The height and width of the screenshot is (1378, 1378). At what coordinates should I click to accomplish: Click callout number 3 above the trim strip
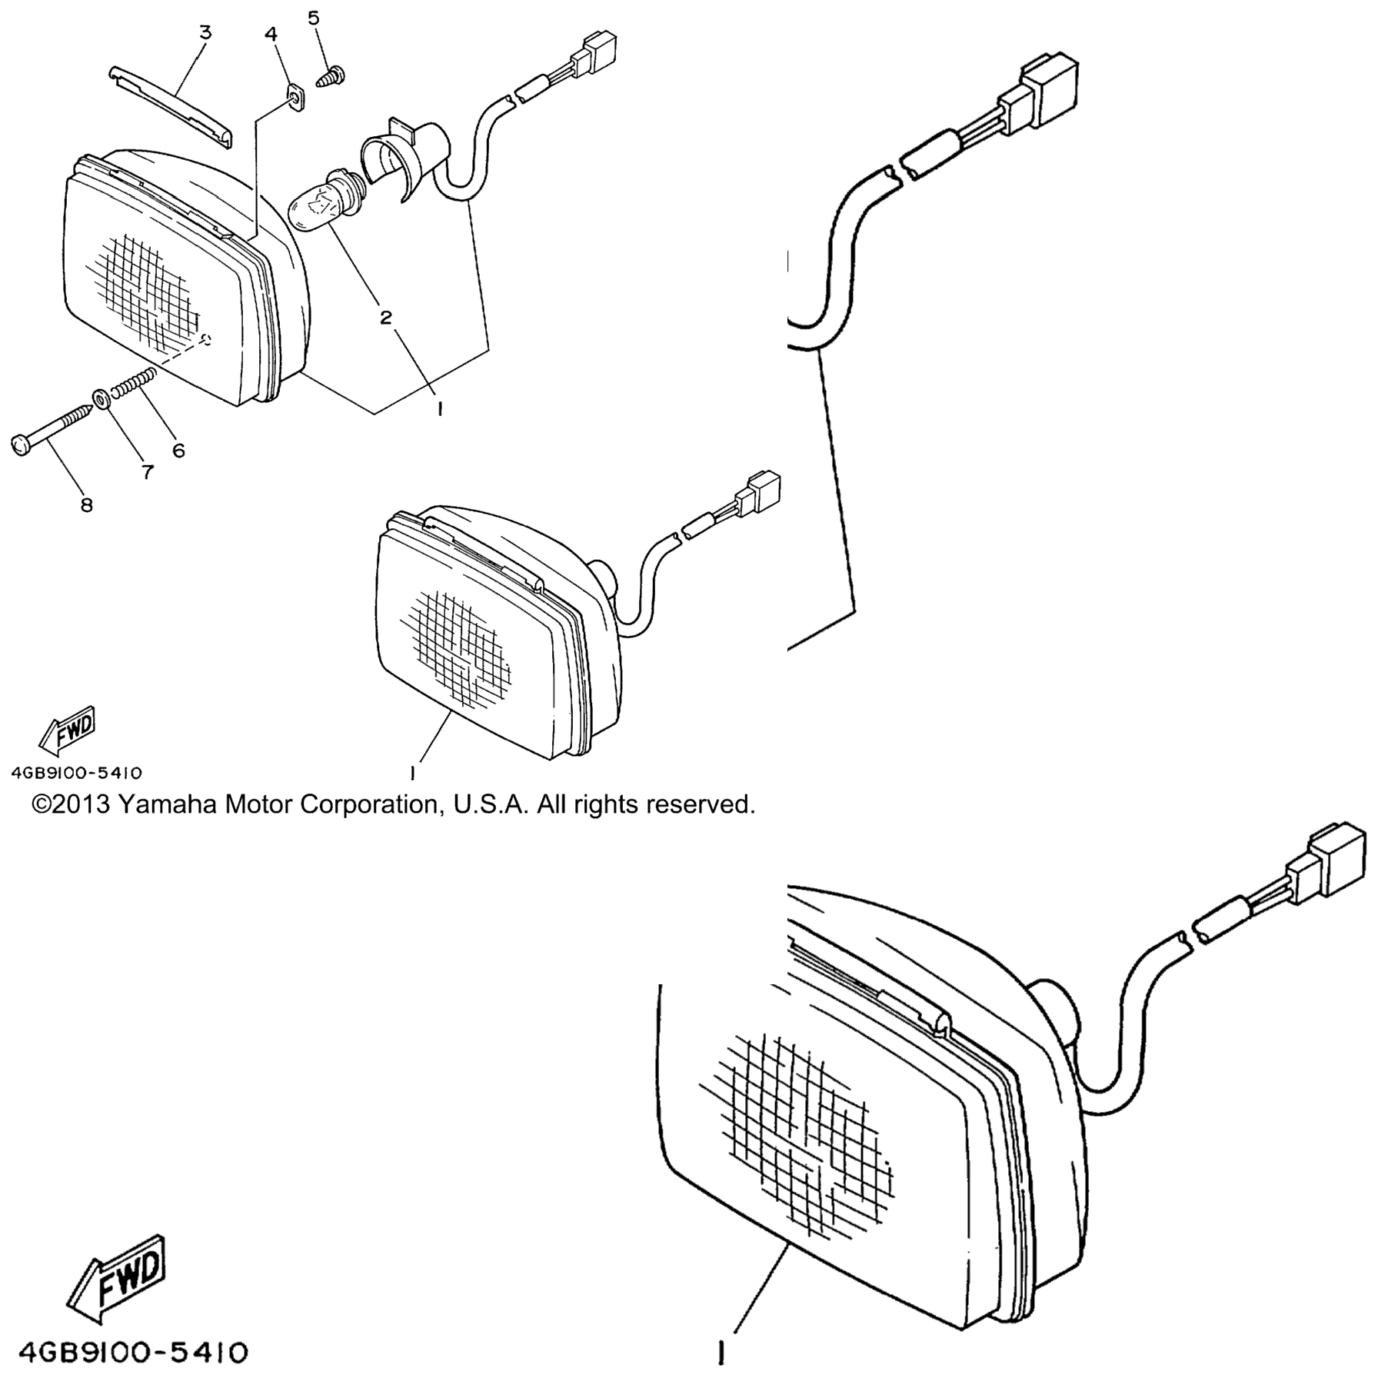(x=205, y=32)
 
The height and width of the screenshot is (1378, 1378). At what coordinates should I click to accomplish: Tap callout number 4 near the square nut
(x=271, y=34)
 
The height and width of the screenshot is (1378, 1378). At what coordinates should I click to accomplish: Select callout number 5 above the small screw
(x=314, y=17)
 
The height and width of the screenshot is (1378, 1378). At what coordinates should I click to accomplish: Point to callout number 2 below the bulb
(x=385, y=317)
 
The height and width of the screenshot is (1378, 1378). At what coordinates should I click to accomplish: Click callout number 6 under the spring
(x=178, y=451)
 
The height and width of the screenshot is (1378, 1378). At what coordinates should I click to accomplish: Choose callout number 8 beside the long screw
(x=86, y=505)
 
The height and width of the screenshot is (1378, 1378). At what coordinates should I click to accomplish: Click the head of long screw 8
(x=21, y=445)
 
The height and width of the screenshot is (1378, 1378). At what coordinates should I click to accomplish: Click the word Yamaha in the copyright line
(x=167, y=804)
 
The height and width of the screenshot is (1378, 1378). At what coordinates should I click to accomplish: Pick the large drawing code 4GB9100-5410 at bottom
(x=132, y=1352)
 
